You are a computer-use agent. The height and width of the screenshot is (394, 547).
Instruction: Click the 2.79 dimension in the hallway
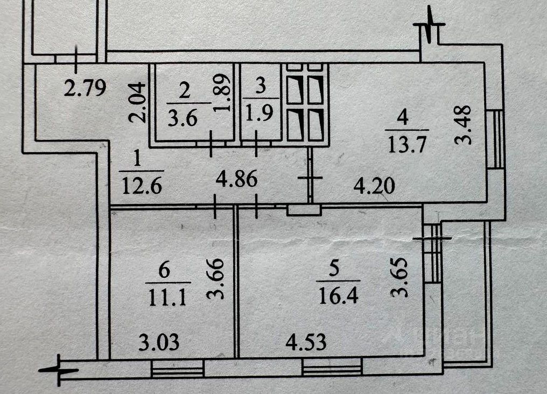tap(81, 87)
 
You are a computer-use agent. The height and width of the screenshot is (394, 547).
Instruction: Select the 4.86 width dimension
tap(237, 178)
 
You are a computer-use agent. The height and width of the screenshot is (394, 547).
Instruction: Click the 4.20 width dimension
tap(374, 186)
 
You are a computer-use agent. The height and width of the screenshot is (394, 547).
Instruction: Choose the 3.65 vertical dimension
tap(401, 278)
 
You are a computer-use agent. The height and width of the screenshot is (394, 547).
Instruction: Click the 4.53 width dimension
tap(306, 342)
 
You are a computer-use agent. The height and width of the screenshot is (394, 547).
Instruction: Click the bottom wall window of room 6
tap(178, 368)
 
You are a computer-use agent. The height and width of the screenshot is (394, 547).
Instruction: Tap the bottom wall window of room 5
tap(332, 368)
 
